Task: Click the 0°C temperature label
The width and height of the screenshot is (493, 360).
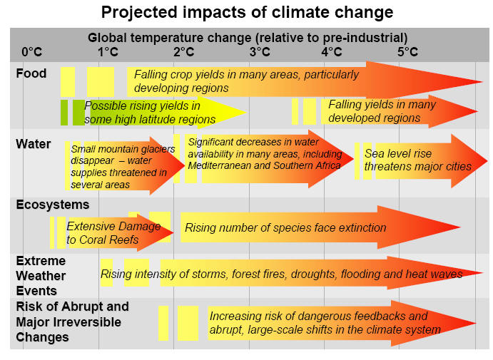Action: pos(32,52)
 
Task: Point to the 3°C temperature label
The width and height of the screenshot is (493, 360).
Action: pos(260,52)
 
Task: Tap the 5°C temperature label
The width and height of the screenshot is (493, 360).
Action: pos(407,52)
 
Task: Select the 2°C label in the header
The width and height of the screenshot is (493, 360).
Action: pos(184,52)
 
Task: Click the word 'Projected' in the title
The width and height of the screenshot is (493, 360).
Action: pos(139,13)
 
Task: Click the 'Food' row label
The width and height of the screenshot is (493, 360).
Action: pos(31,73)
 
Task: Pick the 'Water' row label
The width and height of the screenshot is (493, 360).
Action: pos(34,144)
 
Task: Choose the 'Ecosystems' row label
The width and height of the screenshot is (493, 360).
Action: pos(53,205)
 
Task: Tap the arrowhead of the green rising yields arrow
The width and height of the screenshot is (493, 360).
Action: pos(247,112)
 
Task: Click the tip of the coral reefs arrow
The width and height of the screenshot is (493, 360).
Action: pos(173,232)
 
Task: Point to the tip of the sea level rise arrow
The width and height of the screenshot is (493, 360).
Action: pos(487,161)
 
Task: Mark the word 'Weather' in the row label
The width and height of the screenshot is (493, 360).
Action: pos(41,276)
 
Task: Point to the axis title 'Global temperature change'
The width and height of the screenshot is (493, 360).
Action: pos(170,38)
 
